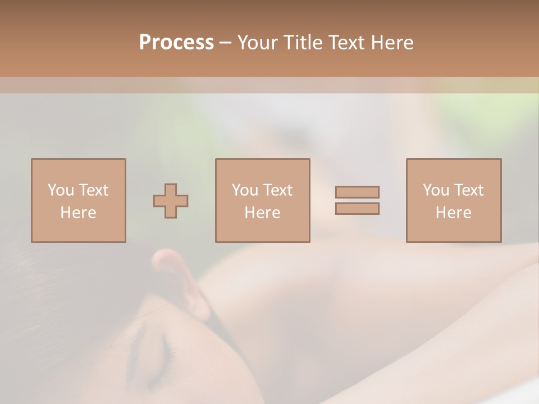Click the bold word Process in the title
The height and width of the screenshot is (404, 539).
176,43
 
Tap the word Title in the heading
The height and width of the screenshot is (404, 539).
304,43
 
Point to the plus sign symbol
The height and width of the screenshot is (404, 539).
171,200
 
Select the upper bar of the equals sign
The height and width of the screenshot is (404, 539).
357,192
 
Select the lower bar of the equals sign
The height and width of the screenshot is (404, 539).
357,208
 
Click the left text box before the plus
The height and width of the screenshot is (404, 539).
79,200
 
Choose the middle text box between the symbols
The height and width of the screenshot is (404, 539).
262,200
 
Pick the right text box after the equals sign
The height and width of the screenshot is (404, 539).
453,200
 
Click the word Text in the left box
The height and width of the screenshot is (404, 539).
94,190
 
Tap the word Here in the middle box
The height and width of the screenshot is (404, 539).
262,213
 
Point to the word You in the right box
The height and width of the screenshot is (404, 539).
436,190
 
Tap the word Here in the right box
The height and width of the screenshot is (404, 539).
453,213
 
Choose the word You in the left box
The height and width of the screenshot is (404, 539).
61,190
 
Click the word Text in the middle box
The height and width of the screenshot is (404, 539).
278,190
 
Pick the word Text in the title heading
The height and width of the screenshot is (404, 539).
346,43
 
